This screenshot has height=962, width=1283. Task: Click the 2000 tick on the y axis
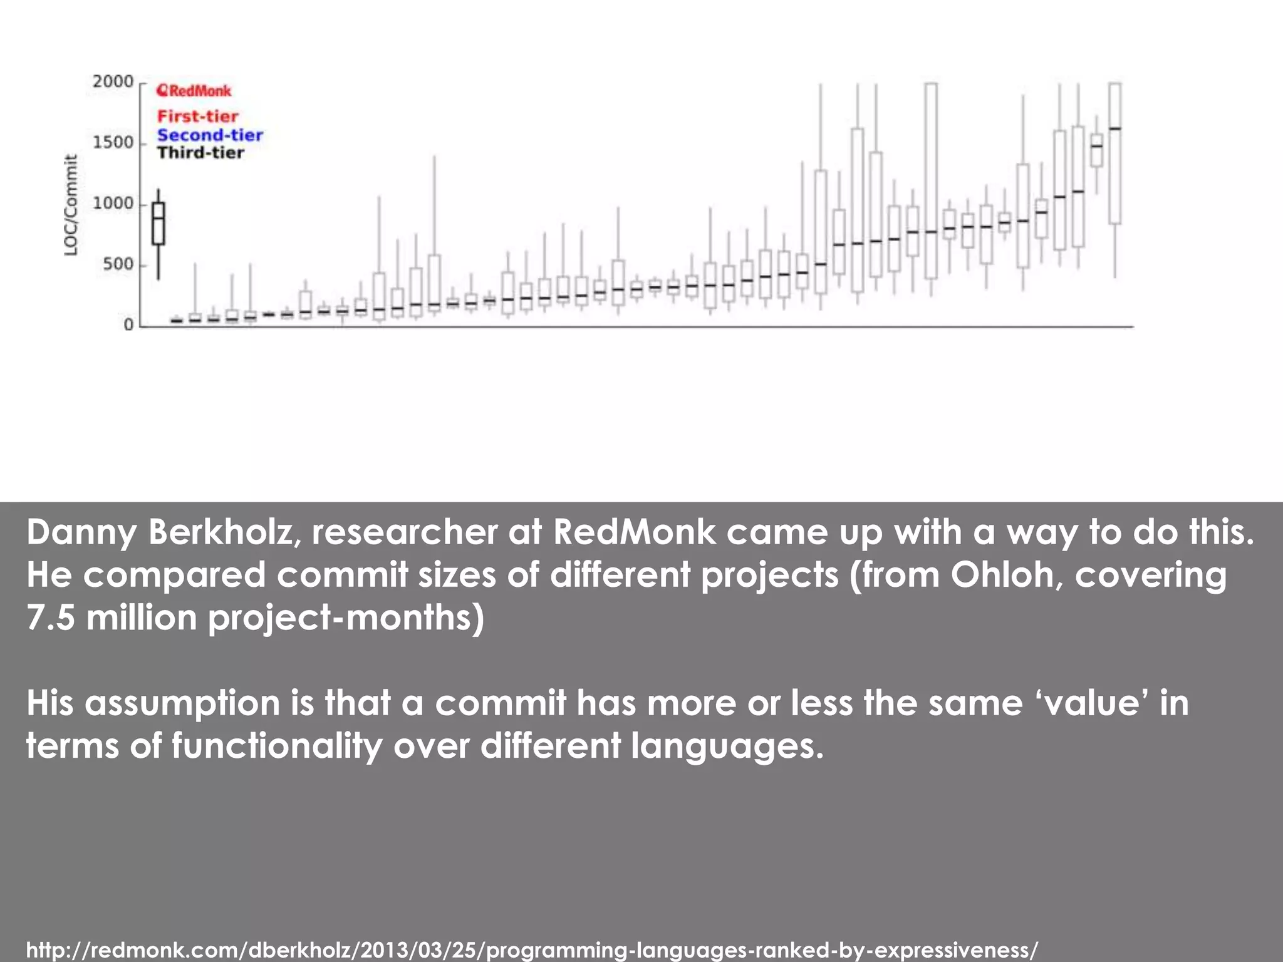(113, 81)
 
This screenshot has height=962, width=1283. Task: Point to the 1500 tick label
(113, 143)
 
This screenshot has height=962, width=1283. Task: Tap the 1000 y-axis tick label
(113, 204)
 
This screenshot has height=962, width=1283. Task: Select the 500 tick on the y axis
(118, 264)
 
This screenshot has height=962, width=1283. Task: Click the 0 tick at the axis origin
(128, 325)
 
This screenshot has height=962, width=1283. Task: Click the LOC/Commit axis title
(71, 205)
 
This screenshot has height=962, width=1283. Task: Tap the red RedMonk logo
(194, 91)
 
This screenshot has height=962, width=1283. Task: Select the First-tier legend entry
(197, 116)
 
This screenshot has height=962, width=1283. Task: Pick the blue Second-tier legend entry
(210, 135)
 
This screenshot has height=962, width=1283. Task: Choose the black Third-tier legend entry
(200, 153)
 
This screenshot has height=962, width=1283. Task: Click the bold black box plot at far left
(158, 224)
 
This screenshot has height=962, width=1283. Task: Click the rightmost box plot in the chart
(1114, 153)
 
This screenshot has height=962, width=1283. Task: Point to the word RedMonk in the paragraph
(634, 532)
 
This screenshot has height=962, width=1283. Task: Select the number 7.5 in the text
(49, 618)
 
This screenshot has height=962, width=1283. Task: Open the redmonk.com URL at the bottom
(532, 949)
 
